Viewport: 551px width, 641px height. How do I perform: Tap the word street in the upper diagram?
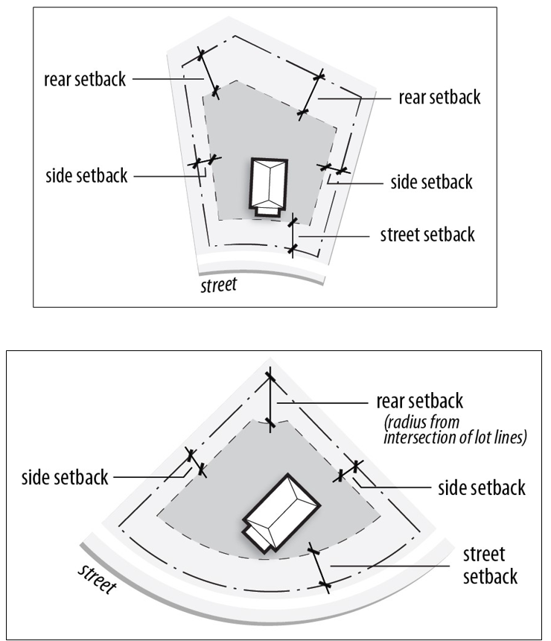click(219, 284)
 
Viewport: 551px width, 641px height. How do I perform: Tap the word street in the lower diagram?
click(95, 578)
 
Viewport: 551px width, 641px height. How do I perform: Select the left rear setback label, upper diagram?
click(85, 80)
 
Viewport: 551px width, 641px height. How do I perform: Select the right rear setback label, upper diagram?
click(439, 98)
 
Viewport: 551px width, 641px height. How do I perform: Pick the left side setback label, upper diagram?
click(86, 176)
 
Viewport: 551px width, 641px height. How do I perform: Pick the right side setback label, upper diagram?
click(431, 182)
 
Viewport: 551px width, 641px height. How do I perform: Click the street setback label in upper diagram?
click(427, 235)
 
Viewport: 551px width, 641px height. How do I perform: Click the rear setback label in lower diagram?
click(420, 400)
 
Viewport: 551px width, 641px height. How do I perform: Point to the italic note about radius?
click(455, 430)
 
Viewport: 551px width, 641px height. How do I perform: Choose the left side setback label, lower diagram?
click(66, 477)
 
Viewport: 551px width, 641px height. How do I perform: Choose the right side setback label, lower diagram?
click(481, 488)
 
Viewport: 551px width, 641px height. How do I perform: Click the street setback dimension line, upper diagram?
click(293, 236)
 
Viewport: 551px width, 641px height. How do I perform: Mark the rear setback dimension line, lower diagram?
click(270, 402)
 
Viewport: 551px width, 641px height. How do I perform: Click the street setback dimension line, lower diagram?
click(319, 569)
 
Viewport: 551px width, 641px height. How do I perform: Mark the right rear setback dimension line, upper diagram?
click(310, 95)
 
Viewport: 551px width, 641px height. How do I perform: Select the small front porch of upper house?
click(266, 211)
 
